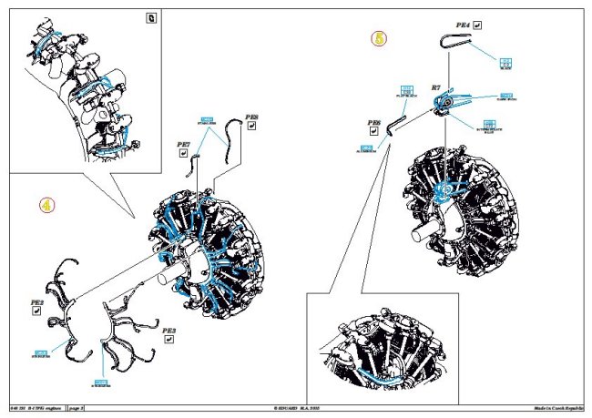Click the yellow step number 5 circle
click(379, 38)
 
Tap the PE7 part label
click(182, 144)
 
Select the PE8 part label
click(252, 117)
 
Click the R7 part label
click(436, 87)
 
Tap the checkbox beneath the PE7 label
click(182, 155)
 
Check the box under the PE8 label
click(252, 128)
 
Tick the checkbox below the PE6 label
click(373, 133)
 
